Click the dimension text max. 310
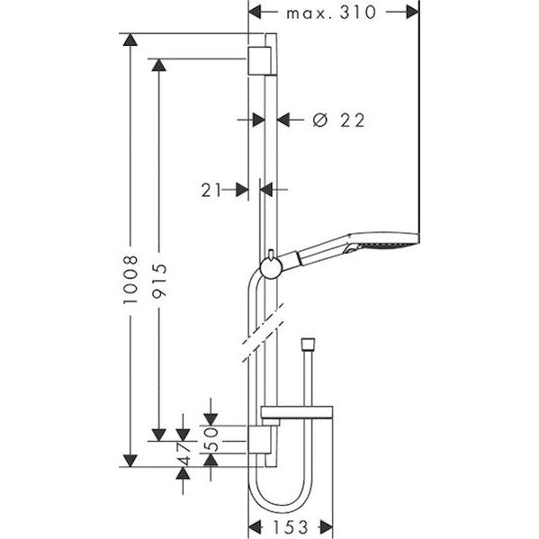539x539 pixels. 330,12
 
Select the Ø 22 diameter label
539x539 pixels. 339,120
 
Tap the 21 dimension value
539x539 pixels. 211,189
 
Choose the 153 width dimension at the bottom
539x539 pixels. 289,526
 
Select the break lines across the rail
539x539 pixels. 262,332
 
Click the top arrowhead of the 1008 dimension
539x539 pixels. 131,40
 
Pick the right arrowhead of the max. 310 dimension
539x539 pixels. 413,12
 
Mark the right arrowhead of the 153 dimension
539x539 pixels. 327,526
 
